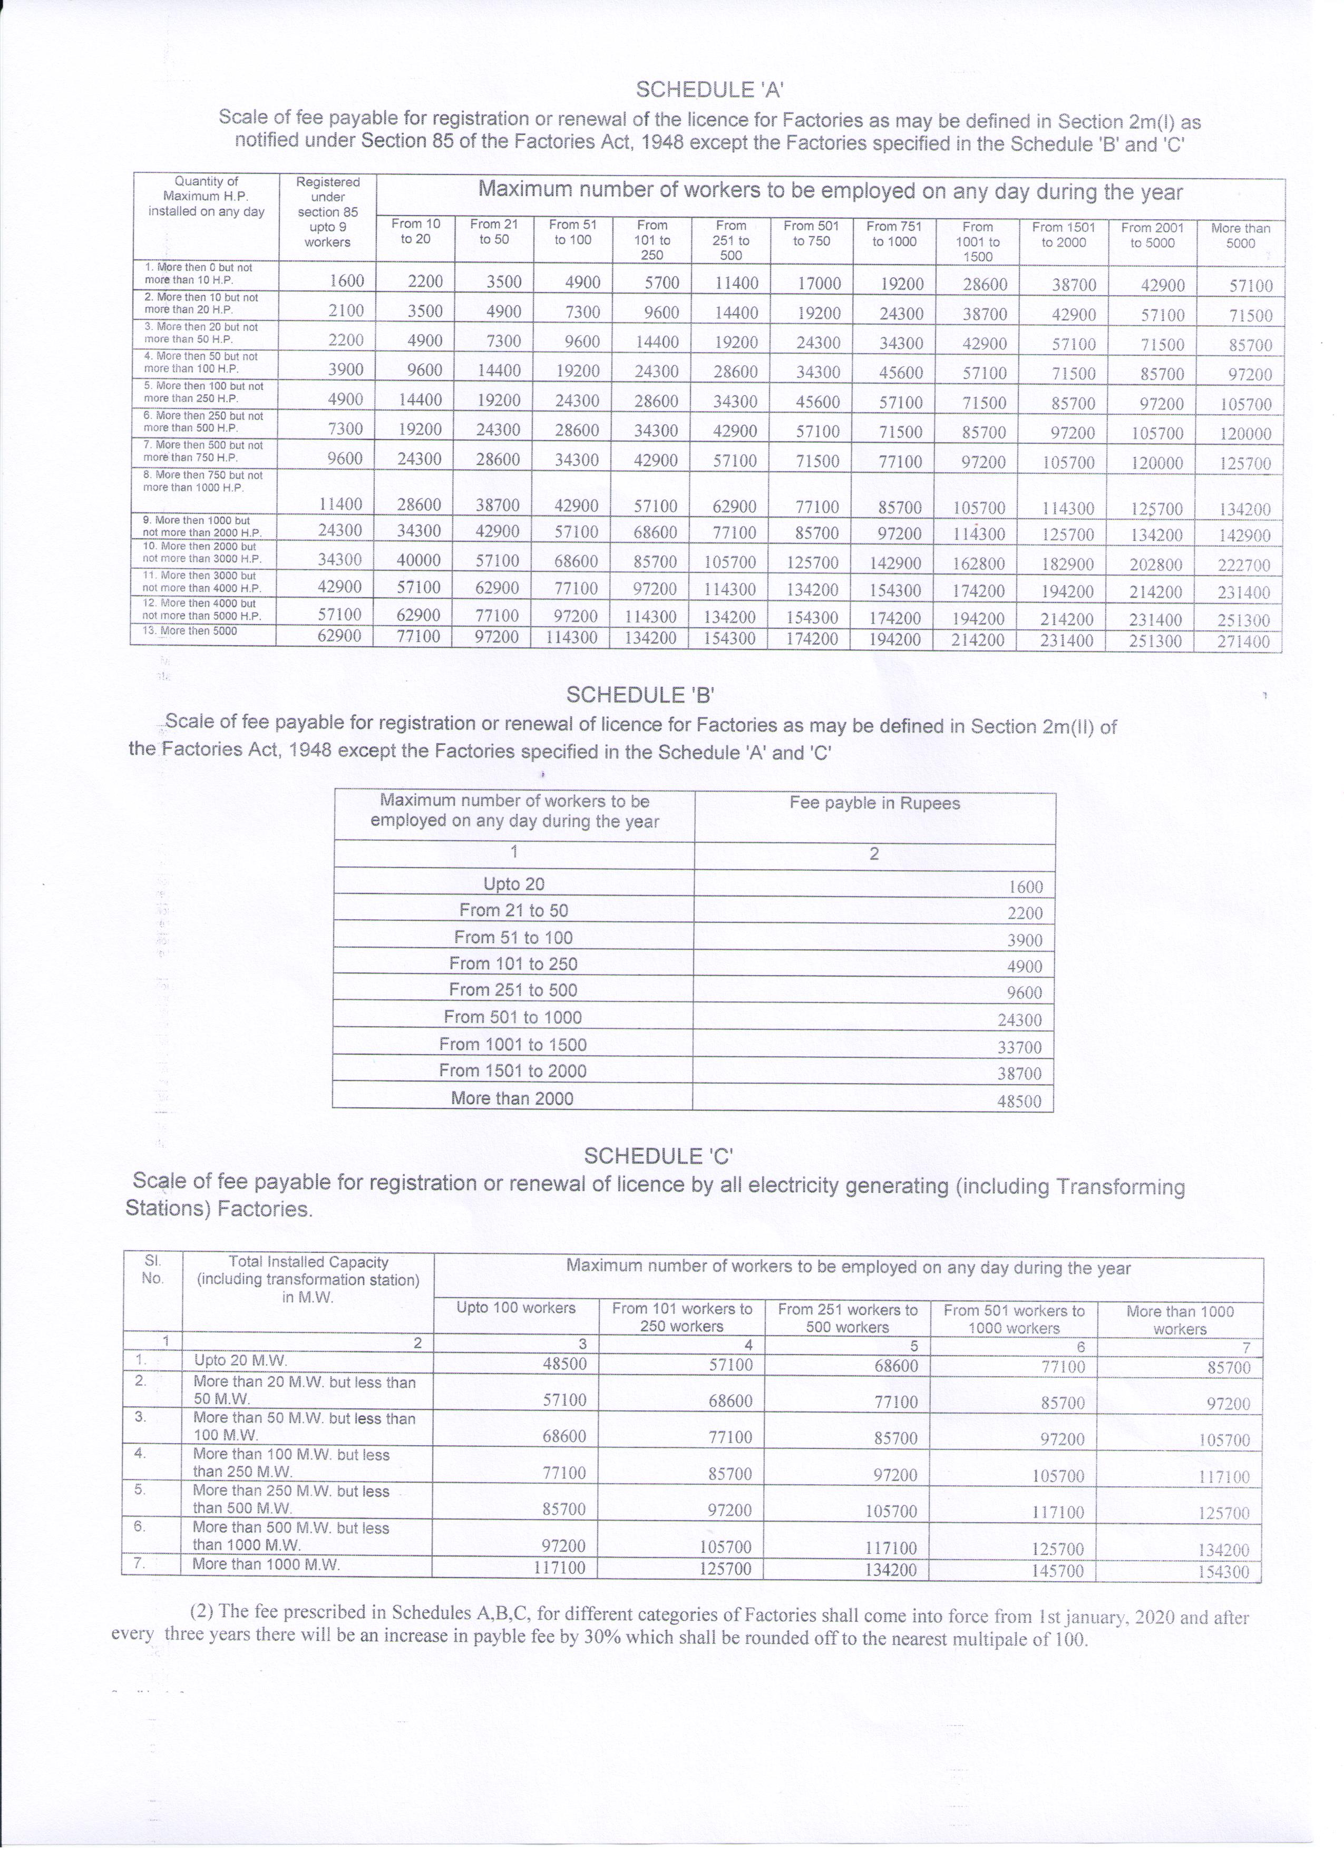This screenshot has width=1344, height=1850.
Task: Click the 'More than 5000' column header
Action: pos(1240,235)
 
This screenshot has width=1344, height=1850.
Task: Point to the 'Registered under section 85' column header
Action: pos(328,211)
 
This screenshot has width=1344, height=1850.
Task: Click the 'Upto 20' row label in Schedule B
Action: pos(514,883)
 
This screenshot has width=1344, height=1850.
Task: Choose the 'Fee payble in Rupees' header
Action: pos(874,803)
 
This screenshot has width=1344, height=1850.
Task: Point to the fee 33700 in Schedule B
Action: pos(1019,1047)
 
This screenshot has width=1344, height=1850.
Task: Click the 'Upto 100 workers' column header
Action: pos(515,1308)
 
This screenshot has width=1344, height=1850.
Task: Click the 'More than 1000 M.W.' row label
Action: pos(266,1564)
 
